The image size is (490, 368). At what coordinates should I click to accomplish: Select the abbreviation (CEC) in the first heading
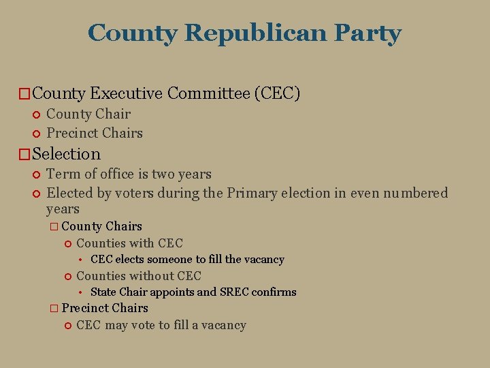coord(277,93)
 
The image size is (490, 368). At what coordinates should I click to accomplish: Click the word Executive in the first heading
coord(127,93)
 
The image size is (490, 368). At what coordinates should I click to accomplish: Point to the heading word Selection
coord(66,154)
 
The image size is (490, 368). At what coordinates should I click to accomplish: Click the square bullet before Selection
coord(24,155)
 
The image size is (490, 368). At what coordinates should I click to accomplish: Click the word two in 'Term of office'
coord(163,174)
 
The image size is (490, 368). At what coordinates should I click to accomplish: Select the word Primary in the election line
coord(253,193)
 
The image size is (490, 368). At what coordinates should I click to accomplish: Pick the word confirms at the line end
coord(275,292)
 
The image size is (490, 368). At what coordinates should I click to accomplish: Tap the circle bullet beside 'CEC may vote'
coord(67,326)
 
